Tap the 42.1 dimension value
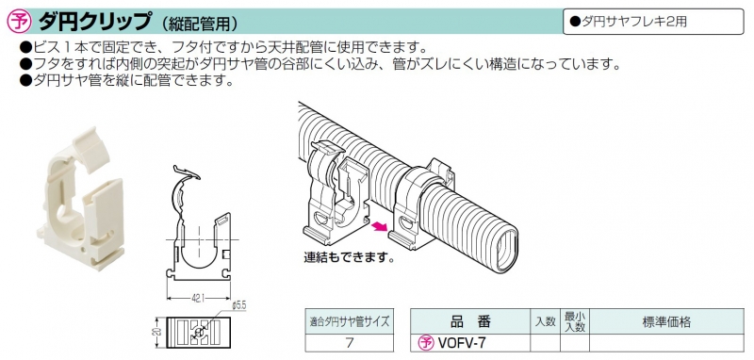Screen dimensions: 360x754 (197, 299)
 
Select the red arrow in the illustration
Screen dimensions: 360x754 (380, 225)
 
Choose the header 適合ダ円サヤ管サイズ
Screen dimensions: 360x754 (349, 322)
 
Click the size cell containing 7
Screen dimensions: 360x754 (349, 343)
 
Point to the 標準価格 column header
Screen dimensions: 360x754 (666, 322)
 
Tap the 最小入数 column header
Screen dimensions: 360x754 (574, 322)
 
